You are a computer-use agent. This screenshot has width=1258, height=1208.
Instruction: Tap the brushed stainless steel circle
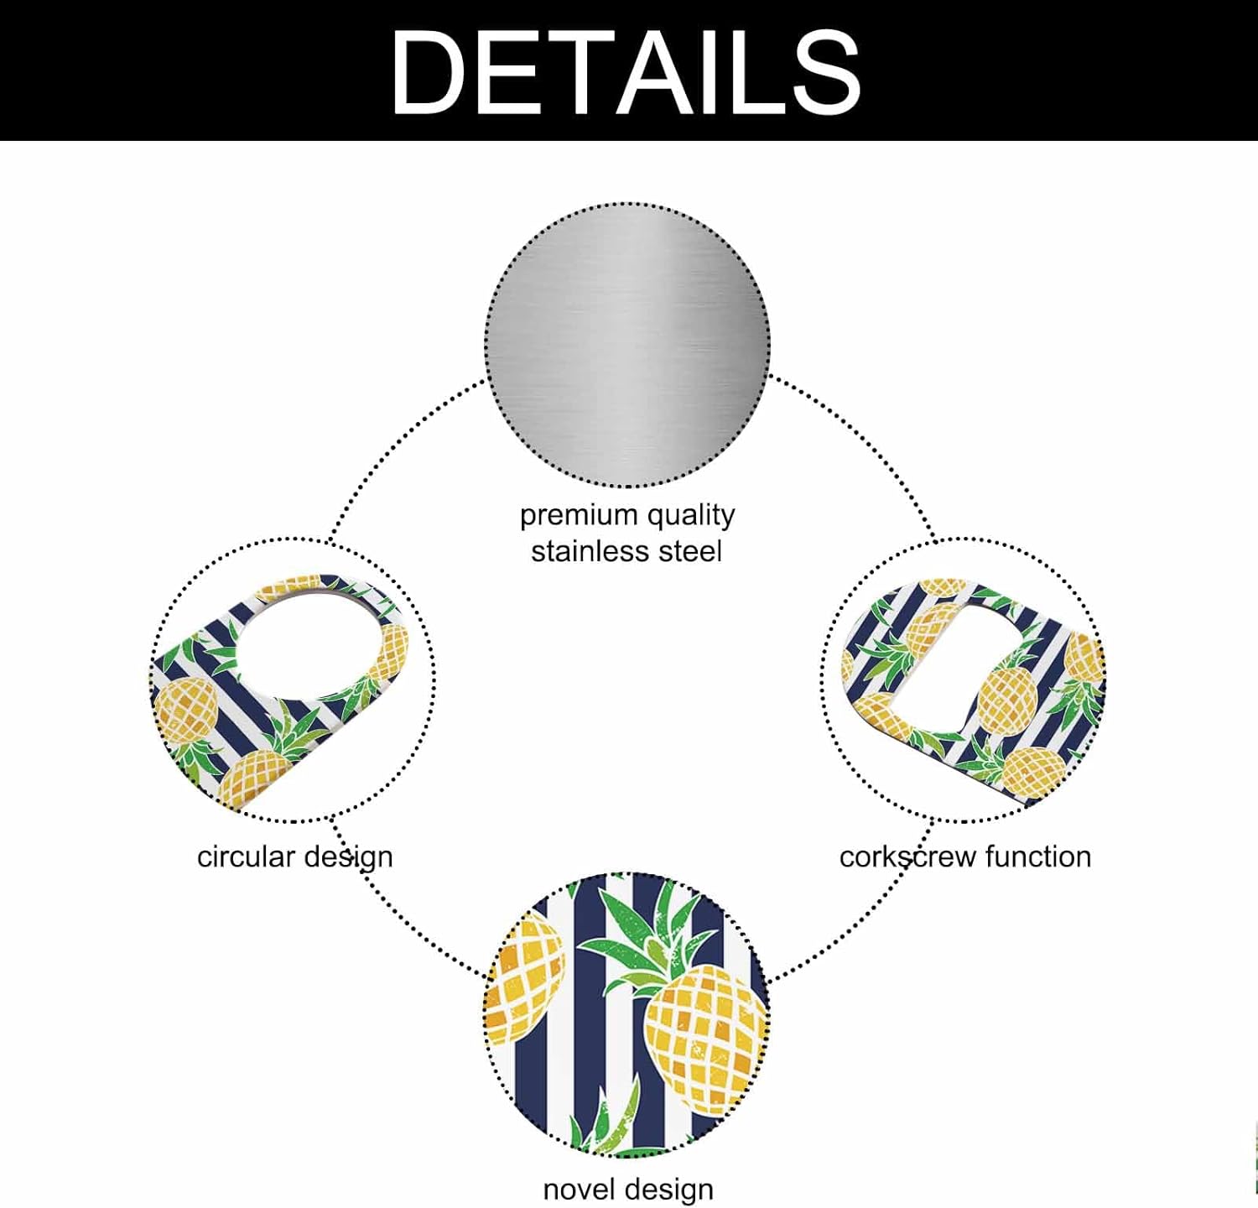(627, 345)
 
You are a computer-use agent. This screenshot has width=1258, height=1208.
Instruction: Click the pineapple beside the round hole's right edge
(389, 651)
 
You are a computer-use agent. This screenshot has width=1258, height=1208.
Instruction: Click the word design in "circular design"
(348, 857)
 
